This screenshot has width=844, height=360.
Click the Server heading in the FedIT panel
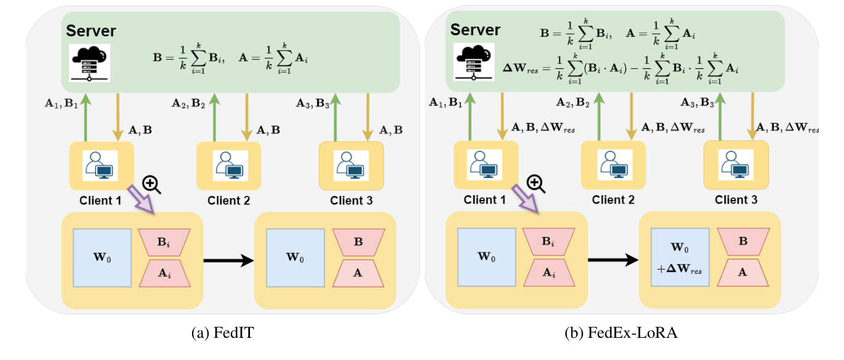coord(91,31)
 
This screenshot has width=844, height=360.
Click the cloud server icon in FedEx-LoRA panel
coord(473,62)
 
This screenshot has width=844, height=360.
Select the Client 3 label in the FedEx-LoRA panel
coord(736,200)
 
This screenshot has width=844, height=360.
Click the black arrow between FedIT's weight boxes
coord(228,260)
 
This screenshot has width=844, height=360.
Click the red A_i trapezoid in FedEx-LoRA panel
coord(549,272)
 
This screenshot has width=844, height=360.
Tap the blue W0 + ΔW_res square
coord(680,258)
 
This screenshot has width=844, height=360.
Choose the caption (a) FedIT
coord(223,334)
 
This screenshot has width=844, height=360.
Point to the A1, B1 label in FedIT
coord(62,103)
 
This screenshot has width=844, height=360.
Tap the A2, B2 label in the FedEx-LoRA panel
coord(571,103)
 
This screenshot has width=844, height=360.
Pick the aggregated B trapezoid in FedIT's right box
coord(359,242)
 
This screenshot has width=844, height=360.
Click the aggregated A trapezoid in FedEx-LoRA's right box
coord(743,272)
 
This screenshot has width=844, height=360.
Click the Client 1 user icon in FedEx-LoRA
coord(486,165)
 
